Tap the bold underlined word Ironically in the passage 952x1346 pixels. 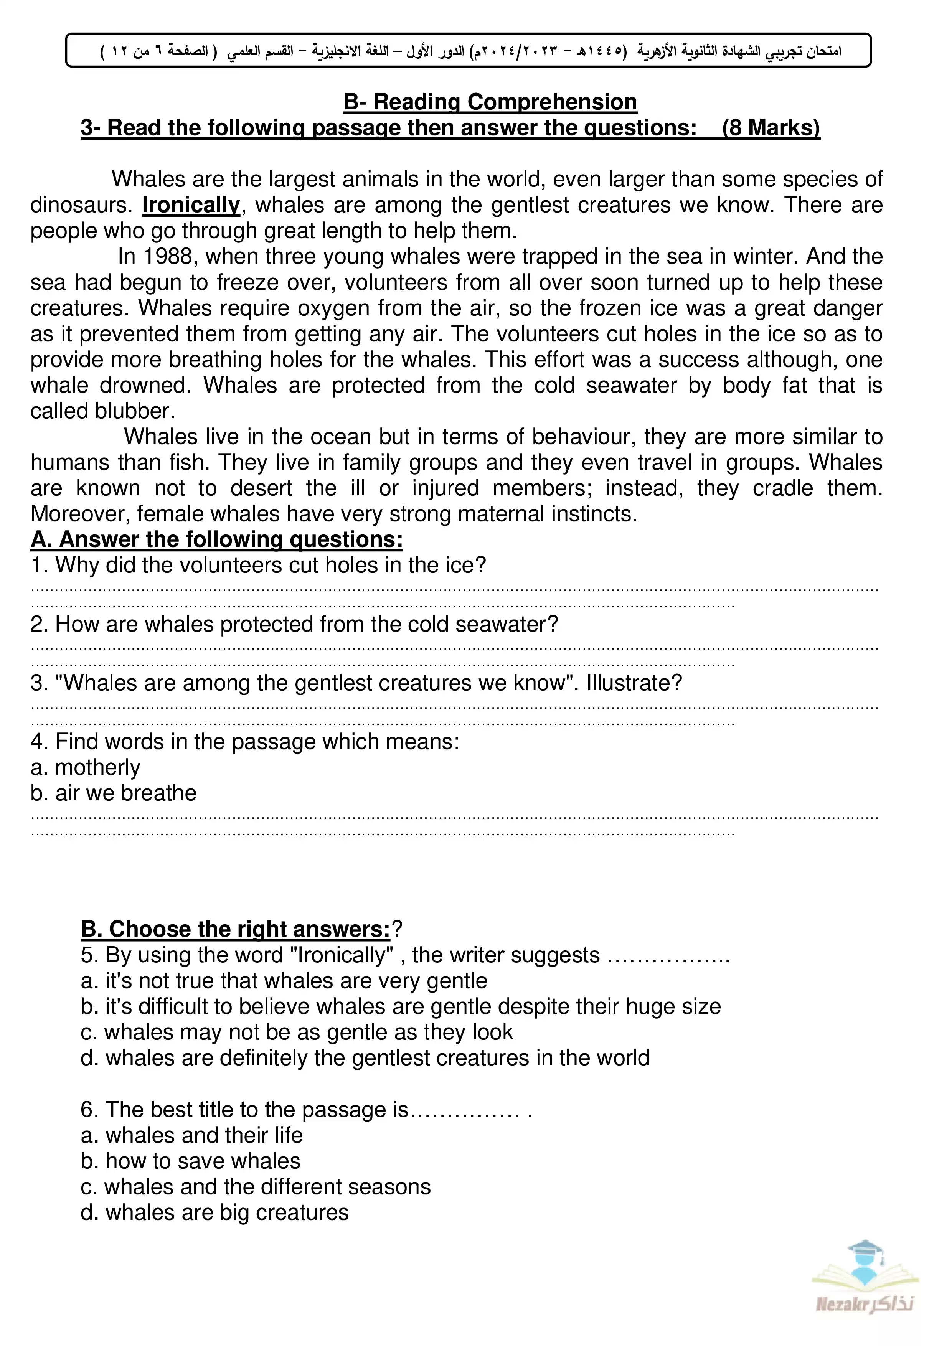click(191, 205)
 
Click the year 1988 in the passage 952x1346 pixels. click(168, 257)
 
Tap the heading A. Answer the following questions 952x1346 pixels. click(216, 539)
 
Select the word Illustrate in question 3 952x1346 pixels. click(634, 683)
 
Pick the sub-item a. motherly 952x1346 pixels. click(85, 767)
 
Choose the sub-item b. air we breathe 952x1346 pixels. click(113, 793)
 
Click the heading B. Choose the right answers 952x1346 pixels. click(236, 929)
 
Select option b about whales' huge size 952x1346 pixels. click(400, 1006)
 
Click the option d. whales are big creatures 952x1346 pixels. click(214, 1212)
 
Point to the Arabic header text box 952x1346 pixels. click(469, 50)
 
